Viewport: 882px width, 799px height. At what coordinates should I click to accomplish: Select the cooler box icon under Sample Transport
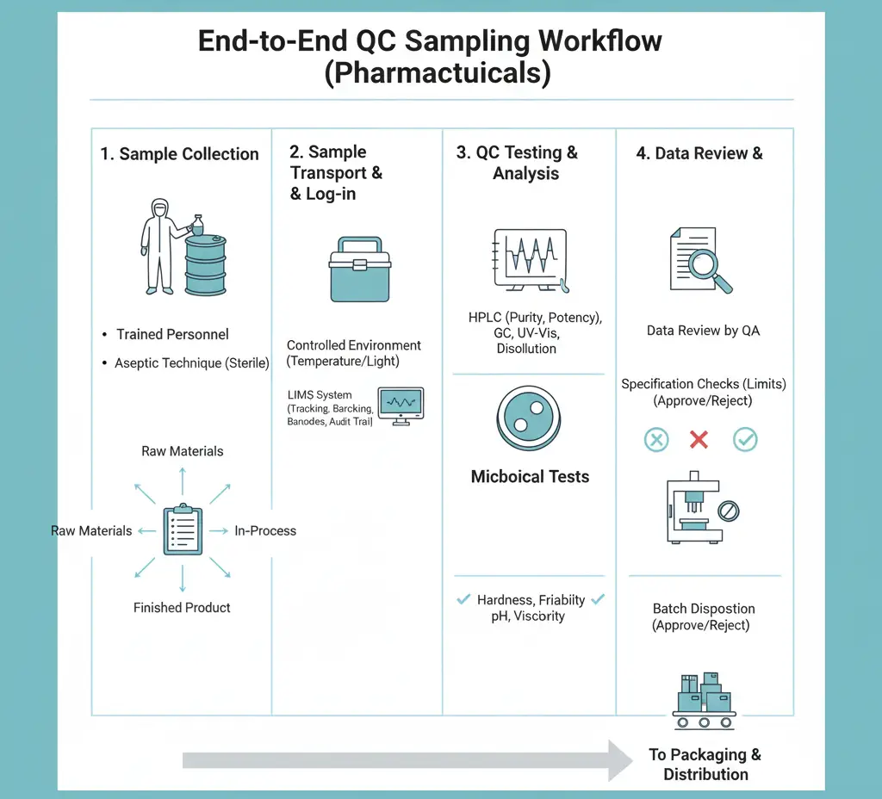pos(359,268)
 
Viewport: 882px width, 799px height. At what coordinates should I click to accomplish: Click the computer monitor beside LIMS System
pos(401,406)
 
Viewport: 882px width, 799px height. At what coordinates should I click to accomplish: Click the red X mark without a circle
pos(699,440)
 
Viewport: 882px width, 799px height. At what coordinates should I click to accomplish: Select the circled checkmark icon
pos(744,440)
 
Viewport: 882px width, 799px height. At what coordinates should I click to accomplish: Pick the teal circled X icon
pos(656,440)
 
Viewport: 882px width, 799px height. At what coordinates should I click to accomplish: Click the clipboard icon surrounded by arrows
pos(183,530)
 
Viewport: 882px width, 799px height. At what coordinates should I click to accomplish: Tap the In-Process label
pos(265,530)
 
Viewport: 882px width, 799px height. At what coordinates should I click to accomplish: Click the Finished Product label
pos(182,608)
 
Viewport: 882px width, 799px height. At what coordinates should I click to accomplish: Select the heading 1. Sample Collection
pos(179,154)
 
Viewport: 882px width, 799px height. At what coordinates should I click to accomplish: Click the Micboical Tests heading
pos(530,476)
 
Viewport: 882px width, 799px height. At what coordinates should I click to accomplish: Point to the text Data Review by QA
pos(703,331)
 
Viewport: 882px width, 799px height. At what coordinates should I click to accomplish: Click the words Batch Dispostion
pos(703,609)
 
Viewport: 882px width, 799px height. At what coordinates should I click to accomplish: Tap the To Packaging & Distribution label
pos(705,764)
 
